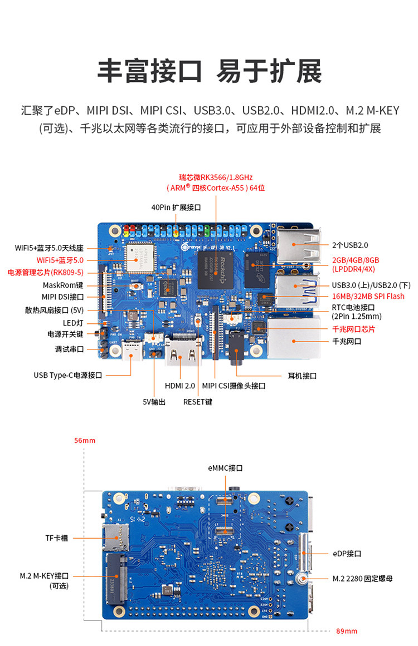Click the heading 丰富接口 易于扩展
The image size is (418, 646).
click(209, 71)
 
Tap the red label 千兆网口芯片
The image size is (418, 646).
click(353, 329)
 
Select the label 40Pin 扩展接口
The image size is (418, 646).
click(176, 207)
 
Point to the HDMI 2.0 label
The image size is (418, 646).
click(179, 386)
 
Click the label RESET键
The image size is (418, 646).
click(198, 402)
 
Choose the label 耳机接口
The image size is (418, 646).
click(302, 376)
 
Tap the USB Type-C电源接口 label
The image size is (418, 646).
click(68, 376)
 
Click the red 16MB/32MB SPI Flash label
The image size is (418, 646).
click(368, 297)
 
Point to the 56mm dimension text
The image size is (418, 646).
click(85, 441)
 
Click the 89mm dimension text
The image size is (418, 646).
click(347, 631)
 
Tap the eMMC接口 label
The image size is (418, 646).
click(226, 469)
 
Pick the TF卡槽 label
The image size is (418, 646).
click(57, 538)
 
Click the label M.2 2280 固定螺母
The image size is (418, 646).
click(363, 579)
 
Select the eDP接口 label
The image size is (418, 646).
click(347, 554)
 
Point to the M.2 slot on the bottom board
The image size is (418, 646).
click(115, 579)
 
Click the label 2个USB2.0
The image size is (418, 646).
click(350, 245)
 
